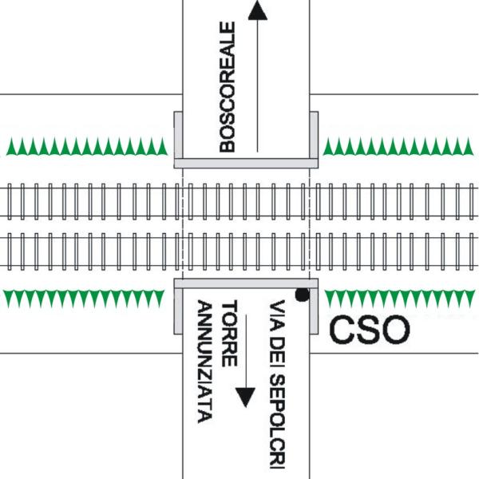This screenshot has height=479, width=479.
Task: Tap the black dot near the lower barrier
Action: tap(302, 295)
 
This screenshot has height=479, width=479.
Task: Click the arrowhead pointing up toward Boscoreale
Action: tap(256, 10)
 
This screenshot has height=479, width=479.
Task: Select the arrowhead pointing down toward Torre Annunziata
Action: tap(245, 397)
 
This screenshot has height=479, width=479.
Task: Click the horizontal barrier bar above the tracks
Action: tap(246, 162)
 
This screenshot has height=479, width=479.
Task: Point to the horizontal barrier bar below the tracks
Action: tap(246, 283)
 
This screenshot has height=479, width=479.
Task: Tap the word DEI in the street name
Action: tap(278, 349)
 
